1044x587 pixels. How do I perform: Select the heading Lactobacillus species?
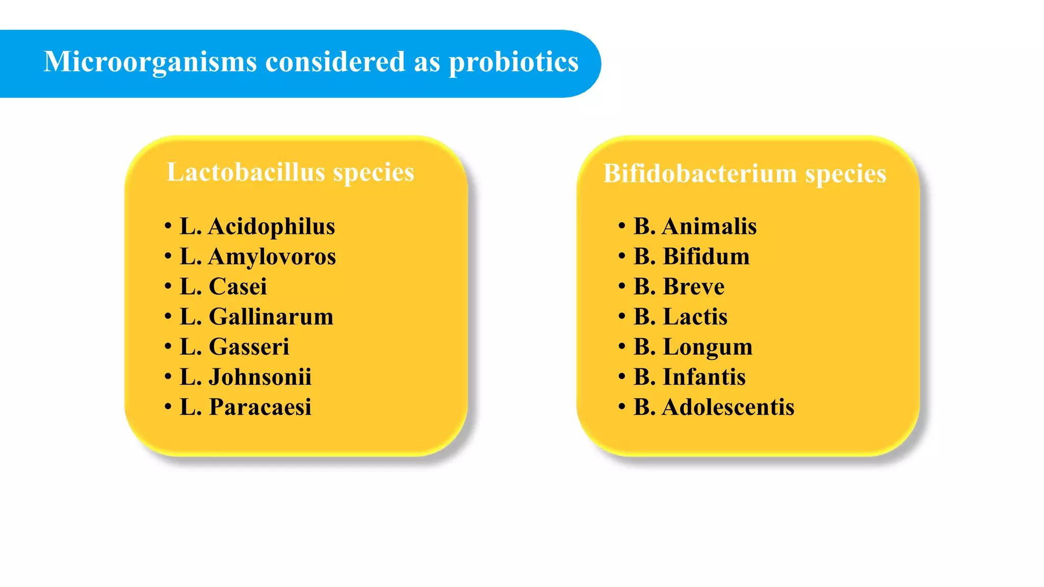[x=291, y=172]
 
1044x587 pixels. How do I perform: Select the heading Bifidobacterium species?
[x=745, y=173]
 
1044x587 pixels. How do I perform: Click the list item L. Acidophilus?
[x=257, y=226]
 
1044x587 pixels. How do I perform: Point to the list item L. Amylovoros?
[x=258, y=256]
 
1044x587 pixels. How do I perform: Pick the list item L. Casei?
[x=223, y=286]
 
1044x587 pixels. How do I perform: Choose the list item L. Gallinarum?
[x=257, y=316]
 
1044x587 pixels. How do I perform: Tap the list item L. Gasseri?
[x=234, y=346]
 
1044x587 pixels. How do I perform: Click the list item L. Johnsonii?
[x=246, y=377]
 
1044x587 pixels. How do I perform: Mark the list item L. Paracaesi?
[x=246, y=407]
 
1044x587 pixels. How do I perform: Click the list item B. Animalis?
[x=695, y=226]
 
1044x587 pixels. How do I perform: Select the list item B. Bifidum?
[x=692, y=256]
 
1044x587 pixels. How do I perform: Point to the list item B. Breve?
[x=679, y=286]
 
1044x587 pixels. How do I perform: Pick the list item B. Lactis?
[x=681, y=316]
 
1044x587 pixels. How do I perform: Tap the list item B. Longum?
[x=693, y=346]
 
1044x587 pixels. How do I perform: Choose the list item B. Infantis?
[x=690, y=377]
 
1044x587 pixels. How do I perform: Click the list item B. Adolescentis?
[x=714, y=407]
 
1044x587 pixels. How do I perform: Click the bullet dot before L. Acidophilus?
[x=168, y=226]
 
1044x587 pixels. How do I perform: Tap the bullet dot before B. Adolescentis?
[x=622, y=407]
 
